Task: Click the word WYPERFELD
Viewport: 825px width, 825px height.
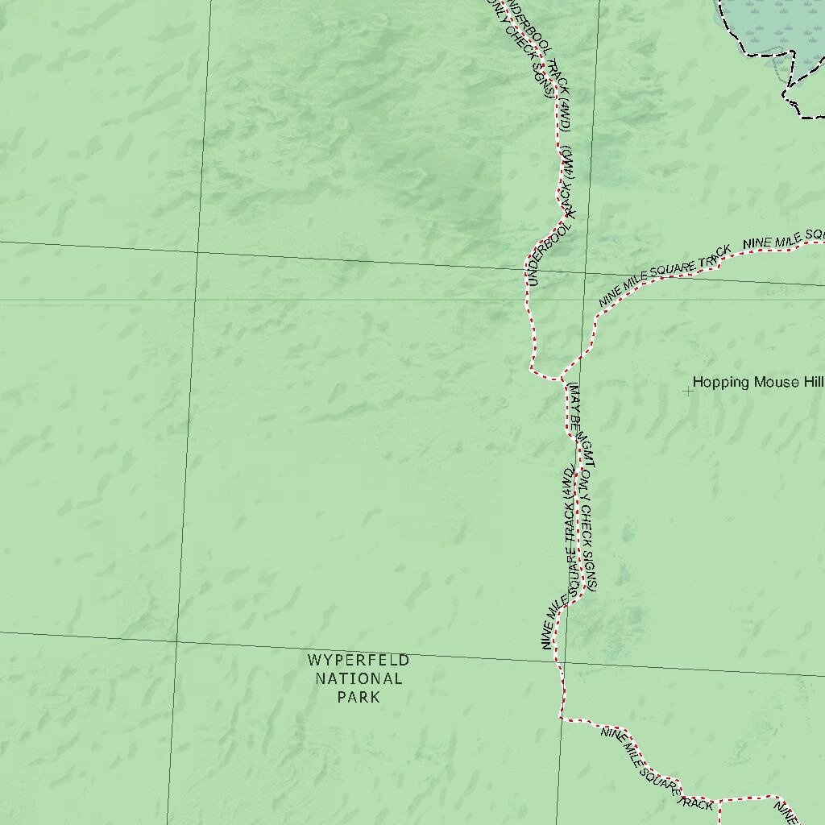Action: click(359, 661)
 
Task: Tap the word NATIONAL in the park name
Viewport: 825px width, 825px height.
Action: click(359, 679)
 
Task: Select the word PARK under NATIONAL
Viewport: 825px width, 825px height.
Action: click(359, 697)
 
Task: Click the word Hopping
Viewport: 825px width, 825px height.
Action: click(721, 383)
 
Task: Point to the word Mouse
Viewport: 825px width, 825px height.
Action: click(777, 383)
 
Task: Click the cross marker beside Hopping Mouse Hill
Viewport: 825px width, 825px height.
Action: click(687, 392)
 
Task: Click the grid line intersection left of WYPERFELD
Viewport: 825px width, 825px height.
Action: click(176, 642)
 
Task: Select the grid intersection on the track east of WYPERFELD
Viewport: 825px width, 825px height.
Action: click(558, 661)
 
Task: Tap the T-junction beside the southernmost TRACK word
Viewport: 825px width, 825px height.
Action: click(717, 801)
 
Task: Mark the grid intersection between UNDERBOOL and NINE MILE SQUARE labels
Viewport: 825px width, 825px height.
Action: click(586, 274)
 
